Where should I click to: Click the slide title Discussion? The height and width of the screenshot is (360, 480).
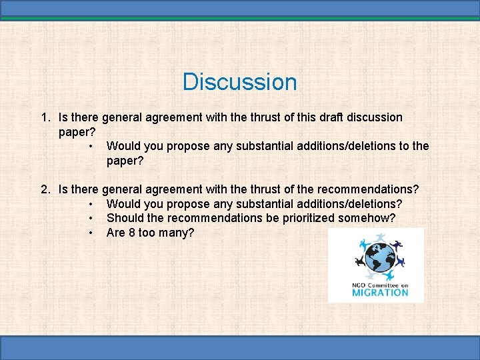point(239,82)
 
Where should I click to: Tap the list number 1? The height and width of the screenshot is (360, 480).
point(44,117)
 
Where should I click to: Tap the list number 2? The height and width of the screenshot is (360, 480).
point(44,189)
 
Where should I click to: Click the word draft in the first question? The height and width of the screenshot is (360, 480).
point(319,117)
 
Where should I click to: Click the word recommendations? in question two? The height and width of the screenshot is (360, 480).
point(367,189)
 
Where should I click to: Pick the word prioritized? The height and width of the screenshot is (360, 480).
point(303,218)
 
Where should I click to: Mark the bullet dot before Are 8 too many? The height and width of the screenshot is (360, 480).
point(89,233)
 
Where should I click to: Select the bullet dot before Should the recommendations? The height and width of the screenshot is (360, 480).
point(89,218)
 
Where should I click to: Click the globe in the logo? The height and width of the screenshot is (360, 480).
point(376,257)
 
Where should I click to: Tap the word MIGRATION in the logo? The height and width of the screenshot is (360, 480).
point(379,292)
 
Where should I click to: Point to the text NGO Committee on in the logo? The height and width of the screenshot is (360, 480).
point(379,285)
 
